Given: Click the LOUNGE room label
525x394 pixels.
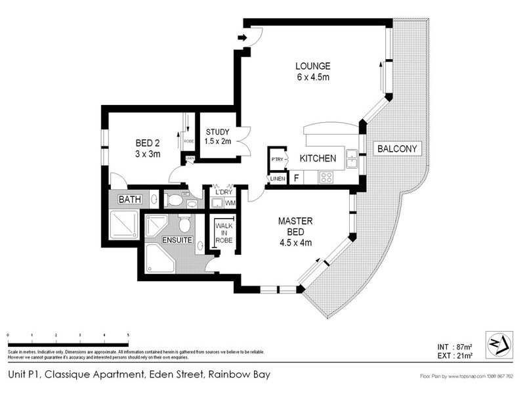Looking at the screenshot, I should point(312,66).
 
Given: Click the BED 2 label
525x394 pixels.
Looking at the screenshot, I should point(148,144).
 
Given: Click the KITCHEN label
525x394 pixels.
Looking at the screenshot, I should point(318,158).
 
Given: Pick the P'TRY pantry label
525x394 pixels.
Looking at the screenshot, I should point(276,159).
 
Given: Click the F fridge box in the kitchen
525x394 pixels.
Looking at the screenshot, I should point(297,177).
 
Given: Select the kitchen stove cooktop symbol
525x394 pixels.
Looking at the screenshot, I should point(325,177).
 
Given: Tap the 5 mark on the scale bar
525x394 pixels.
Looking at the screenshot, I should point(129,335).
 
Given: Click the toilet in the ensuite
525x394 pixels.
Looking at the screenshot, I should point(184,225).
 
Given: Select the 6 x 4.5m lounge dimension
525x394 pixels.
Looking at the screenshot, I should point(312,77).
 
